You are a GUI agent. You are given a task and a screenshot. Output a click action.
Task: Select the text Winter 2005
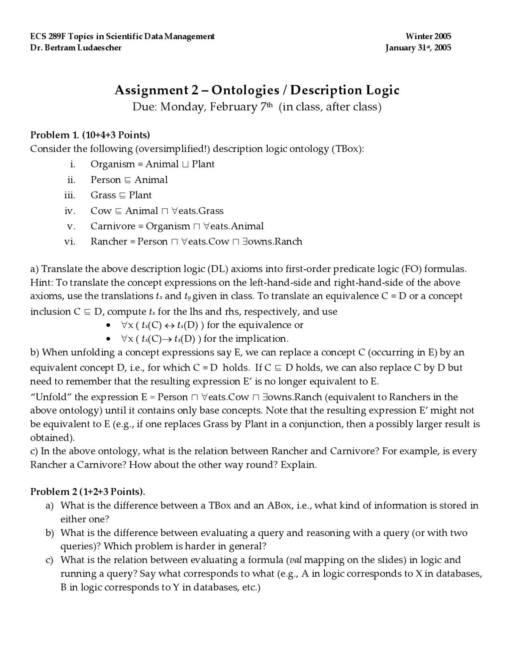coord(428,37)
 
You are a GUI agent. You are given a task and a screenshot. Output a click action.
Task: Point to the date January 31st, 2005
coord(418,48)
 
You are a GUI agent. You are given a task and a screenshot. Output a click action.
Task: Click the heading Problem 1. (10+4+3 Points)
coord(90,135)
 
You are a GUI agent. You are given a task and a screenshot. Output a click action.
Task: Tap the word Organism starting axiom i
coord(113,164)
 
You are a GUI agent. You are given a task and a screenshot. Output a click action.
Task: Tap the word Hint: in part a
coord(41,283)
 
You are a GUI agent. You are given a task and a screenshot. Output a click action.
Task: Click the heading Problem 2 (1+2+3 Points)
coord(88,492)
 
